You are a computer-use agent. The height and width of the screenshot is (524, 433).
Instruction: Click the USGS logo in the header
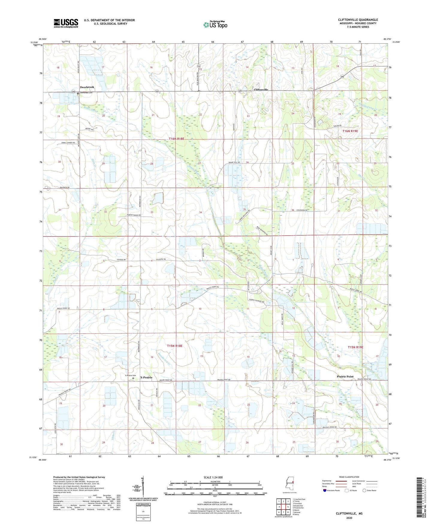pos(66,23)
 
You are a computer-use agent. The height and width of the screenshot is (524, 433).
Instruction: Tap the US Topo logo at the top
pos(215,25)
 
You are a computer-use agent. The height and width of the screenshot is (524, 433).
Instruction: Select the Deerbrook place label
pos(87,87)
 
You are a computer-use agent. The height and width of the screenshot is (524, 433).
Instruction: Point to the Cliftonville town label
pos(261,90)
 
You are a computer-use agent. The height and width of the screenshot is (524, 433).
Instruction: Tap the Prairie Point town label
pos(345,376)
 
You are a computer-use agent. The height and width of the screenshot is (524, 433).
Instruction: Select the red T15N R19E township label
pos(355,347)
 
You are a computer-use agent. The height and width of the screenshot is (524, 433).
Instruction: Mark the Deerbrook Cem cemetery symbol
pos(78,93)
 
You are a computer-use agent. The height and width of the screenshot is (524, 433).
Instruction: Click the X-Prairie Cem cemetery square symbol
pos(133,378)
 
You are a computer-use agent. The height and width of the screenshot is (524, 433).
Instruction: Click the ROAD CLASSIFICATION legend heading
pos(349,477)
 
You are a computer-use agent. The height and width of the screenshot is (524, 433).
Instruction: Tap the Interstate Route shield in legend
pos(325,490)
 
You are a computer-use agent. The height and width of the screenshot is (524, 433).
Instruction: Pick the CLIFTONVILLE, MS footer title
pos(349,513)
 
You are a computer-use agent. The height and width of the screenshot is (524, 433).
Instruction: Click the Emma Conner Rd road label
pos(66,143)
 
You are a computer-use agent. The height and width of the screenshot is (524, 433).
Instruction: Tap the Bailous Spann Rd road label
pos(329,427)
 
